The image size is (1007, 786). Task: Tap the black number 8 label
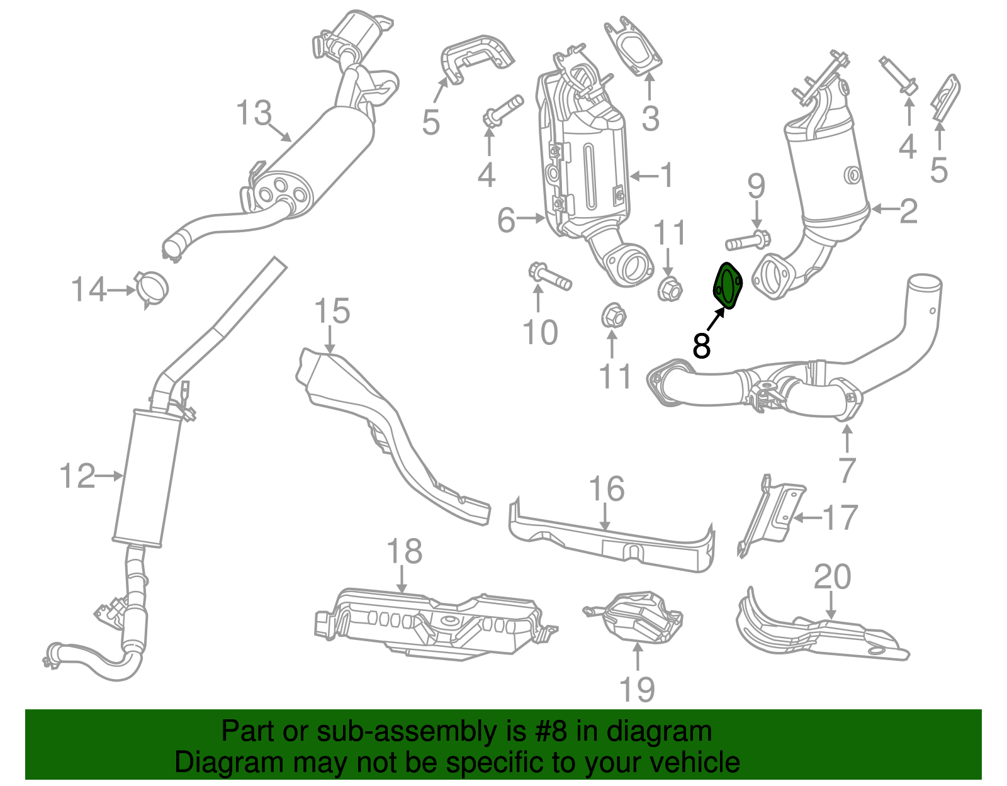(x=701, y=345)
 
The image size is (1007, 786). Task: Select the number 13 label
(x=254, y=113)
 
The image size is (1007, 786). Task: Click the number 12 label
(x=77, y=476)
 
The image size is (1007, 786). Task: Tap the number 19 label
(x=637, y=688)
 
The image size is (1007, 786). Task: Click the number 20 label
(x=832, y=576)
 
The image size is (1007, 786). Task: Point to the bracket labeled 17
(x=770, y=515)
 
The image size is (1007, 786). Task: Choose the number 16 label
(x=606, y=488)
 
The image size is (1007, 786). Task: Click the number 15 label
(x=332, y=310)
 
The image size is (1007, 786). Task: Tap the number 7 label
(x=847, y=471)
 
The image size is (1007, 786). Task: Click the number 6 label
(x=506, y=220)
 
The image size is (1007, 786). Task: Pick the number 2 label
(x=908, y=211)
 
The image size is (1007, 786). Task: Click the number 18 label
(x=404, y=551)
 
